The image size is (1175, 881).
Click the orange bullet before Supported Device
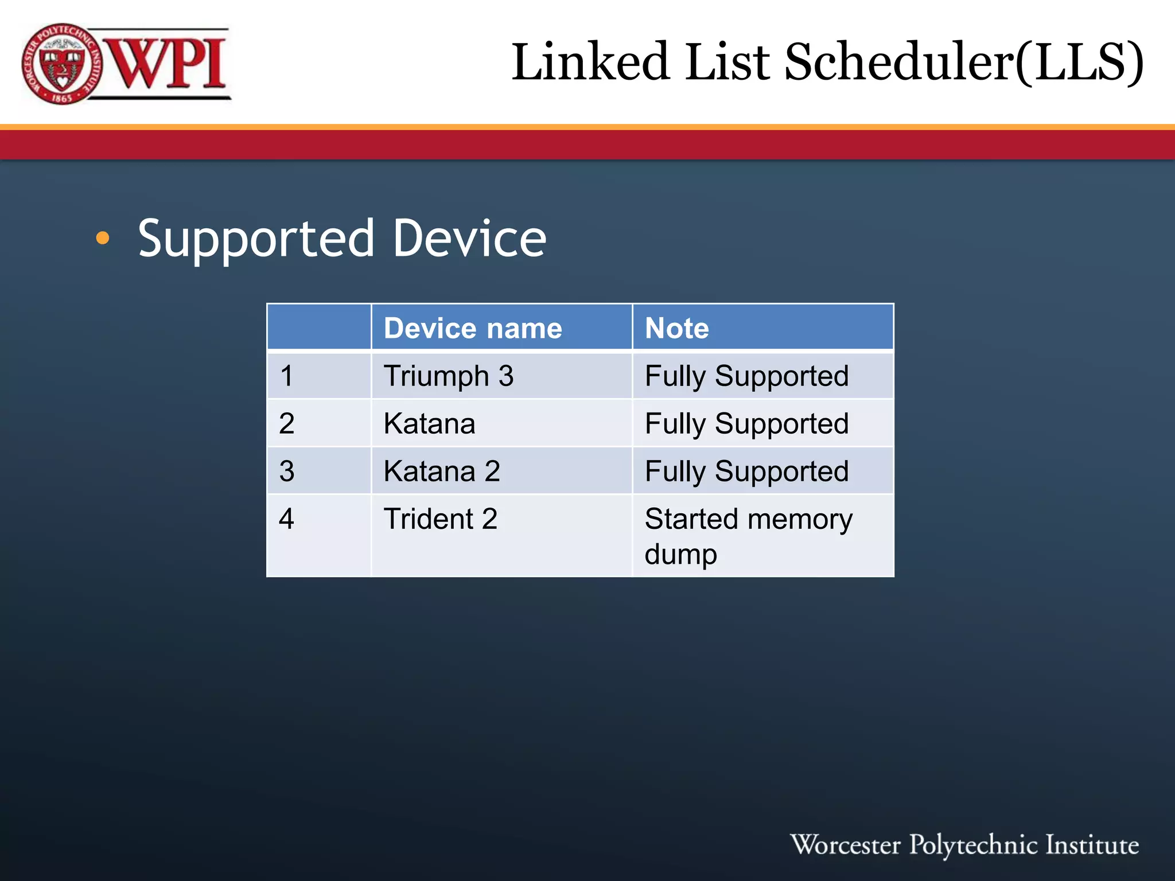point(103,238)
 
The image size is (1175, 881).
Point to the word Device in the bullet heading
point(469,238)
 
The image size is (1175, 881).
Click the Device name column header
point(473,328)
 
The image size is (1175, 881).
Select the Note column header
point(677,328)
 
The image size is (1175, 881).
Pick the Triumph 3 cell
point(449,376)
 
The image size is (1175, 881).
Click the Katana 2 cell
point(442,471)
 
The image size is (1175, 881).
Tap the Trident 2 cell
point(441,519)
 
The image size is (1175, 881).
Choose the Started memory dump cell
point(748,536)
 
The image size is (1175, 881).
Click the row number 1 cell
point(287,376)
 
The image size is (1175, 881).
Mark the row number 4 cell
point(287,519)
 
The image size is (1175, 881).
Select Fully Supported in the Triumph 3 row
point(746,376)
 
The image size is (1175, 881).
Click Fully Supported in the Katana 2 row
point(746,471)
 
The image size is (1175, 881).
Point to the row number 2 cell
point(287,424)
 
